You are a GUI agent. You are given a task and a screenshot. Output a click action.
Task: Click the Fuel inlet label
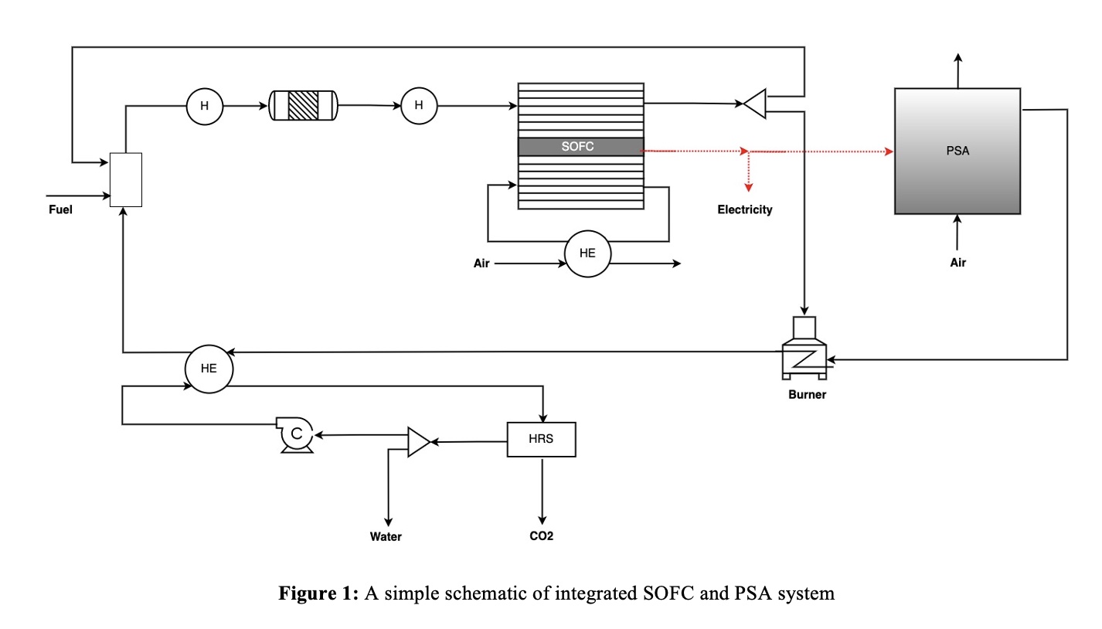[x=60, y=209]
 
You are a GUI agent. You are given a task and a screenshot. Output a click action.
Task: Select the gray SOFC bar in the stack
[x=580, y=147]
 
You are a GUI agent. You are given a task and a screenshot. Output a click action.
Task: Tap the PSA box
[x=957, y=151]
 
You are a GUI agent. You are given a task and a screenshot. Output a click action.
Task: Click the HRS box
[x=541, y=439]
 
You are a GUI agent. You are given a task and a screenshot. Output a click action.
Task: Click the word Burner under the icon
[x=807, y=395]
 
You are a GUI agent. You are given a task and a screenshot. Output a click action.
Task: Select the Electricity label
[x=744, y=209]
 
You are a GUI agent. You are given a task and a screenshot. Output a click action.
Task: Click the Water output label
[x=386, y=536]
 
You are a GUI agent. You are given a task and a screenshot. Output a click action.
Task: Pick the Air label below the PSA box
[x=957, y=263]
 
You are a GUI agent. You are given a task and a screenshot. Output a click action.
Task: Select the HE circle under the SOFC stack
[x=587, y=253]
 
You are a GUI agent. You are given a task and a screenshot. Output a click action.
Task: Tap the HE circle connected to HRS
[x=209, y=368]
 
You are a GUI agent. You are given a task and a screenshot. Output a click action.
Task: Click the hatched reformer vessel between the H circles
[x=303, y=105]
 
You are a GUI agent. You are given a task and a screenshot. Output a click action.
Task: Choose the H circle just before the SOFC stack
[x=419, y=106]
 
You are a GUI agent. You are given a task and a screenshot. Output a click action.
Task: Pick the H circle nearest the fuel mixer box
[x=205, y=106]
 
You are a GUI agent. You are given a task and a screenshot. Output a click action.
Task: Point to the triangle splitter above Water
[x=417, y=442]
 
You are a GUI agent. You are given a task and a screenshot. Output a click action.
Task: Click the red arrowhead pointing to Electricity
[x=747, y=185]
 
